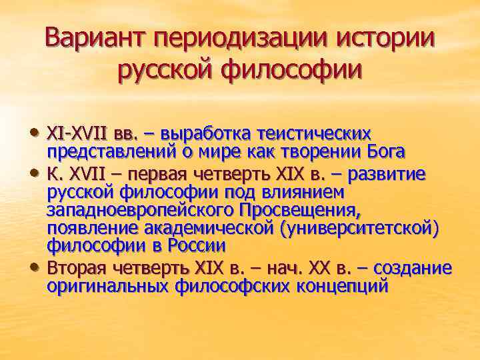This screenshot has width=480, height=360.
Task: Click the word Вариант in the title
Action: click(x=95, y=37)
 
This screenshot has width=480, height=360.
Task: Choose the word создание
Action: click(x=413, y=268)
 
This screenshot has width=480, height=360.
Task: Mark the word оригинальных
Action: click(x=108, y=287)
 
